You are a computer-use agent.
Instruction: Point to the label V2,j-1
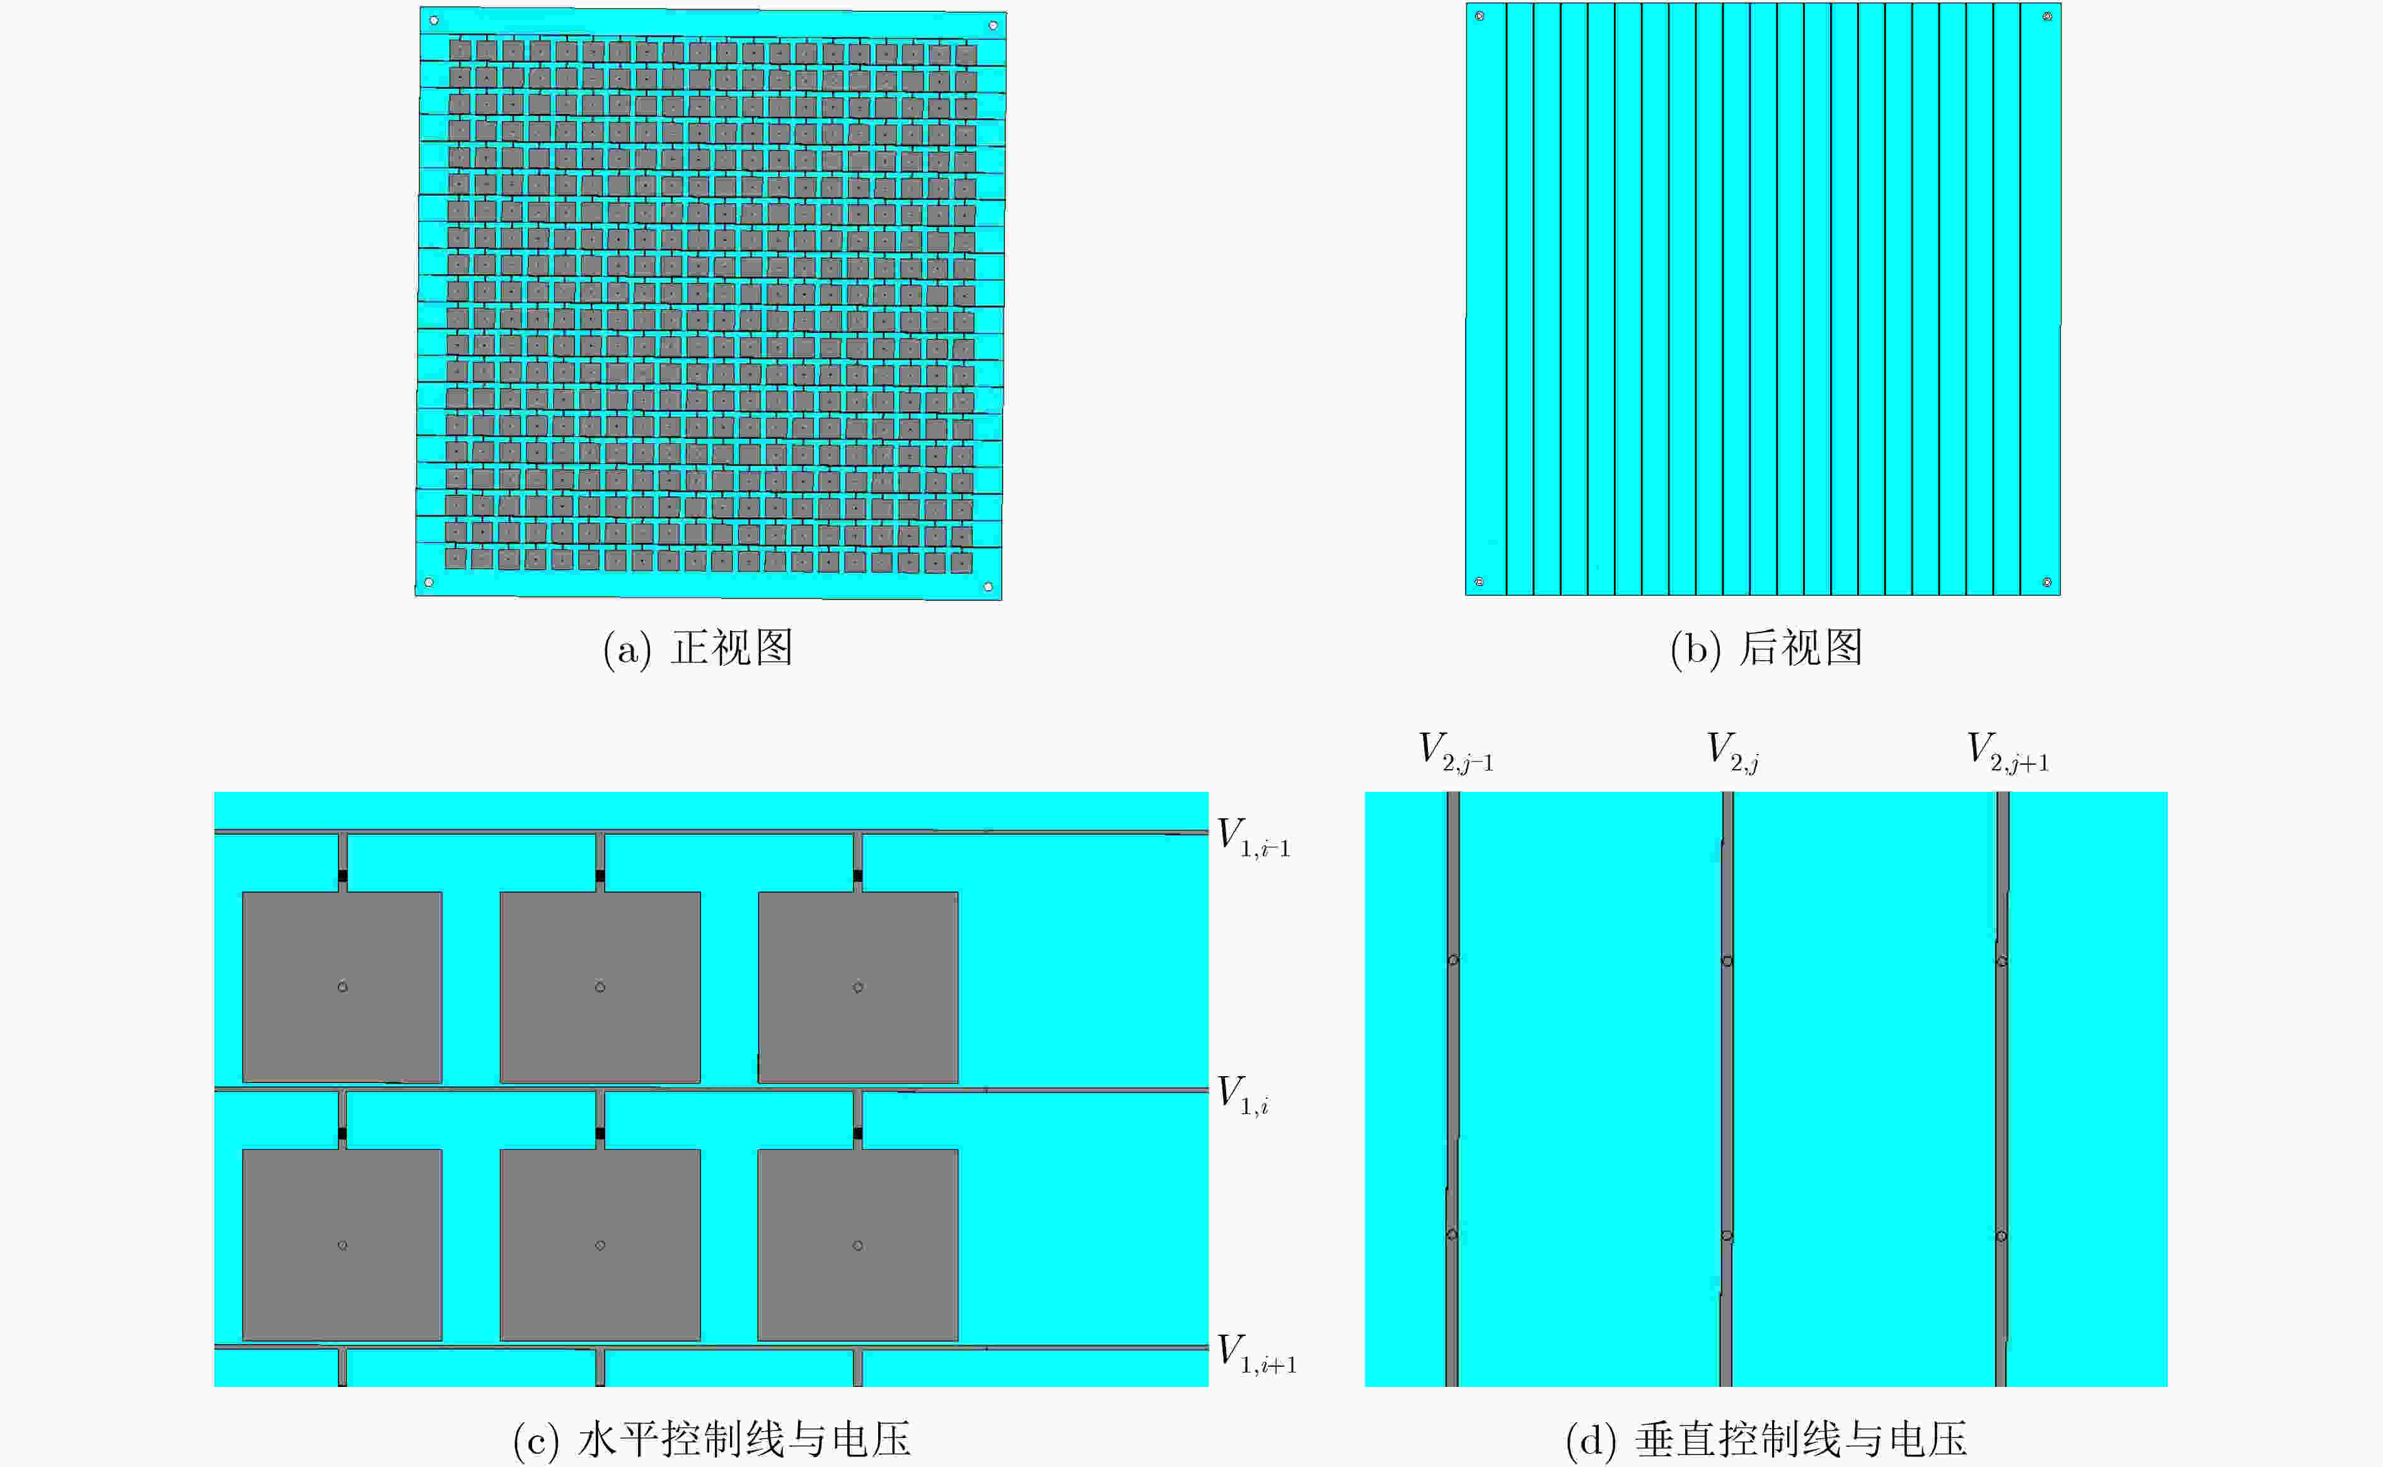[1456, 752]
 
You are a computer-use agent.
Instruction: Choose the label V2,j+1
[2007, 752]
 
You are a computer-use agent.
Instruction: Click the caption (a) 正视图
[698, 648]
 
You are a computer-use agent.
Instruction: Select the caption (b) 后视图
[1766, 648]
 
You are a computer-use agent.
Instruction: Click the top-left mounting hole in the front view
[434, 20]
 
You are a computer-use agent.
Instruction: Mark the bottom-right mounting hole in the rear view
[2046, 582]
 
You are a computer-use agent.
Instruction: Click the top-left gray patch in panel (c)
[342, 987]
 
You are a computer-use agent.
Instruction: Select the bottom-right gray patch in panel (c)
[858, 1245]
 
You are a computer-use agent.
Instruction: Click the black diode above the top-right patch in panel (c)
[858, 876]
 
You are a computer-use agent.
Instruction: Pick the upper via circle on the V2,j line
[1727, 961]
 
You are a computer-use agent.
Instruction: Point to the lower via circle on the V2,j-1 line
[1451, 1234]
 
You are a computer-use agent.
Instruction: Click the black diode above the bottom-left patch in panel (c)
[342, 1134]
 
